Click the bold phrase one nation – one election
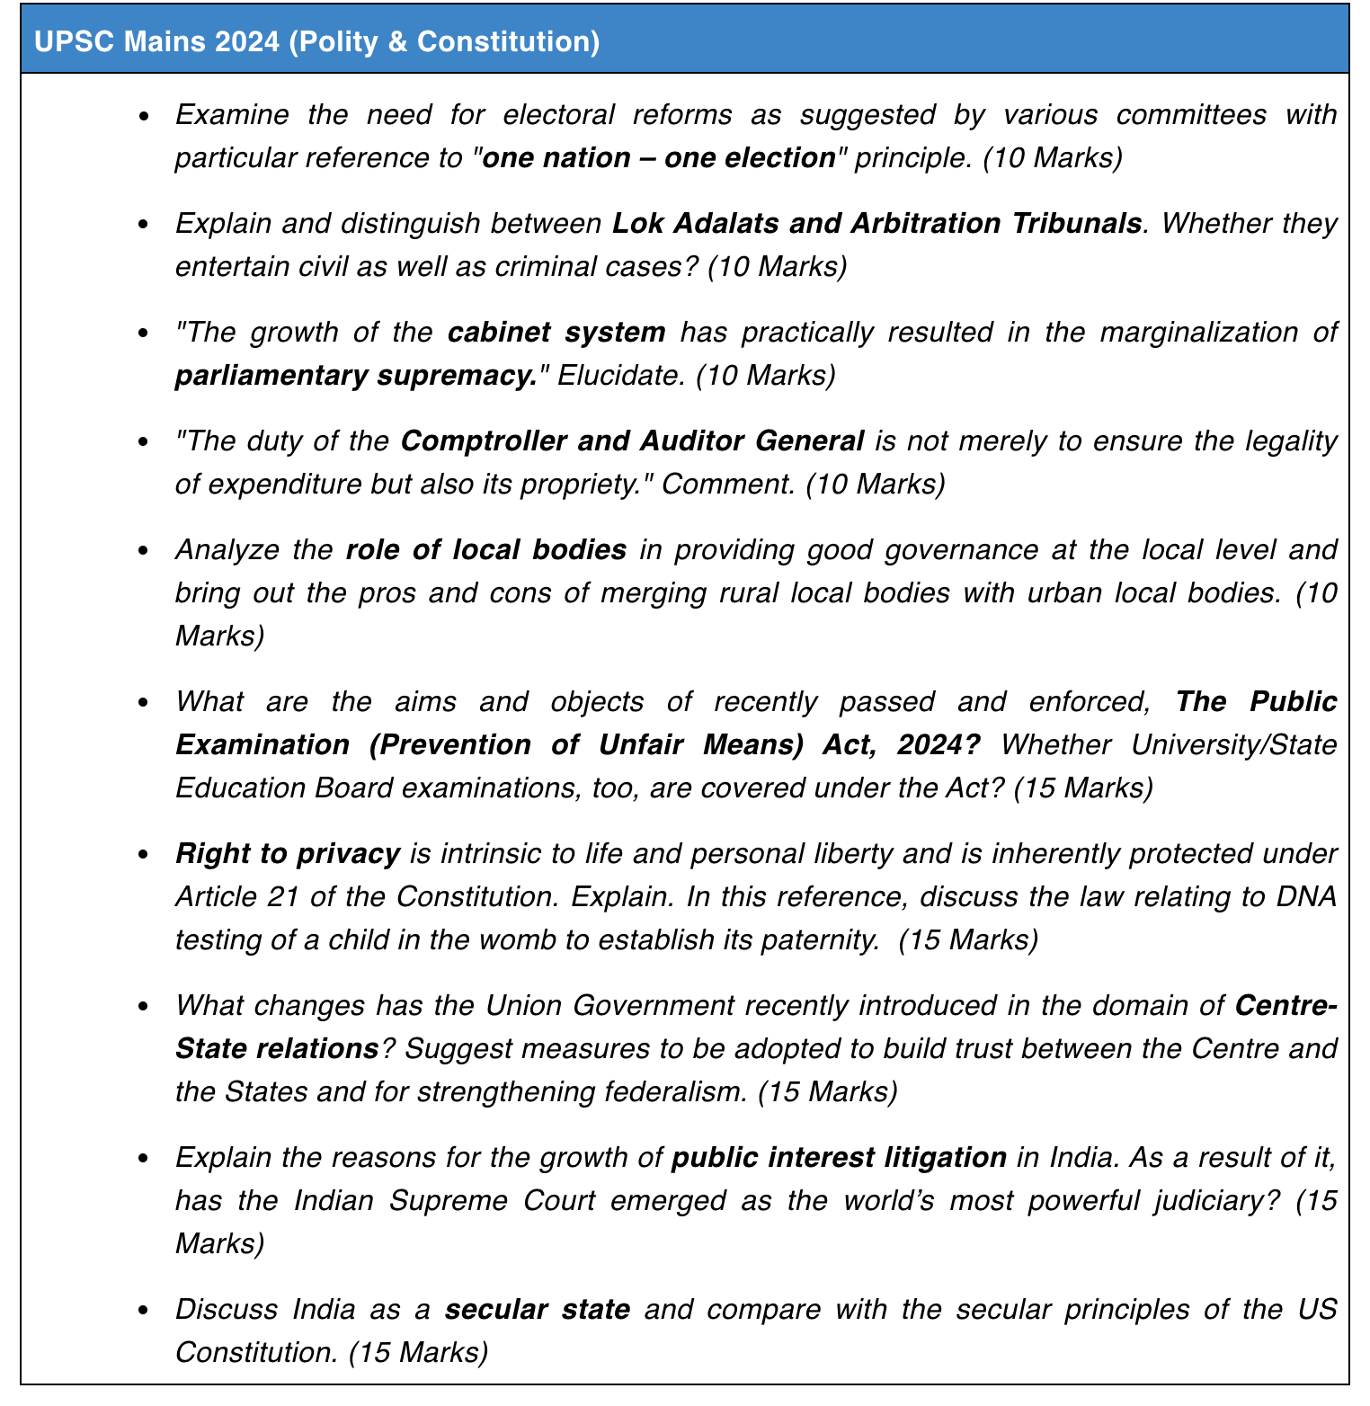coord(659,158)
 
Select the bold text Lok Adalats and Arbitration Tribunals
coord(876,223)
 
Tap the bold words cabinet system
coord(556,332)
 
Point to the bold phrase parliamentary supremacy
coord(356,375)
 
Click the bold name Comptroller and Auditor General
coord(632,440)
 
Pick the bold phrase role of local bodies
coord(485,549)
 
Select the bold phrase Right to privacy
coord(288,853)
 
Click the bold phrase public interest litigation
coord(840,1157)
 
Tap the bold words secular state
coord(538,1309)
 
